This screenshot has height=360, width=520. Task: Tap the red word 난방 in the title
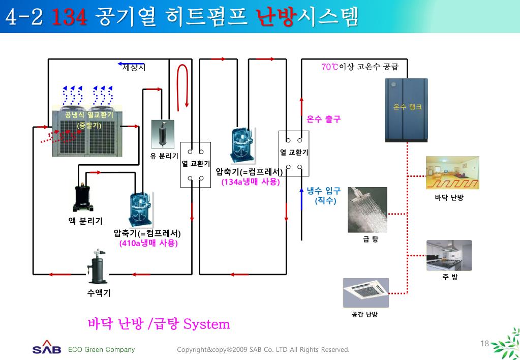click(x=277, y=18)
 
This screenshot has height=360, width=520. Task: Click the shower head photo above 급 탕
click(x=368, y=210)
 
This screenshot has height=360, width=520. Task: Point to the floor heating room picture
click(x=452, y=173)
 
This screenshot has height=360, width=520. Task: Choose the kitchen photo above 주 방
click(x=449, y=255)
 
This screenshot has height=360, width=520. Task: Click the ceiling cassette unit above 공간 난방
click(x=365, y=293)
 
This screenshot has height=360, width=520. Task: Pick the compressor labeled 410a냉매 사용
click(x=140, y=209)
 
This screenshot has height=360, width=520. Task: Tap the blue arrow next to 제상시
click(x=124, y=65)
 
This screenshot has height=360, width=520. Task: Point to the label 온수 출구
click(x=324, y=119)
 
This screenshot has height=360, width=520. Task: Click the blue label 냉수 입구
click(x=324, y=191)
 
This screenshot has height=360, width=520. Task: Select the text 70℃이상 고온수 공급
click(x=359, y=67)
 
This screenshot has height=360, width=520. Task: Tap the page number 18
click(x=484, y=344)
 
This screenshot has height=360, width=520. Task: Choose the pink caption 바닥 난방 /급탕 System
click(x=159, y=324)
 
